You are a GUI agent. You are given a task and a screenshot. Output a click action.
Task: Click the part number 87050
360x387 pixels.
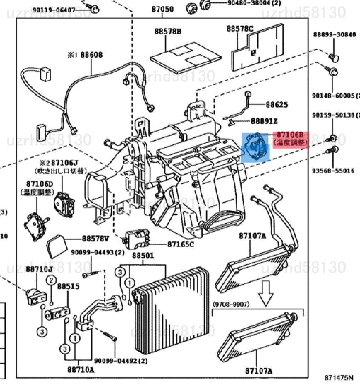163,9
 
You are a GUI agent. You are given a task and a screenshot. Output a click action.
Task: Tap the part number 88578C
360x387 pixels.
240,28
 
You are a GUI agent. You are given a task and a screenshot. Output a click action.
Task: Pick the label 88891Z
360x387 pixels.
264,121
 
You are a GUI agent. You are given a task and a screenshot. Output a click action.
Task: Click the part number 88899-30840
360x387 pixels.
335,35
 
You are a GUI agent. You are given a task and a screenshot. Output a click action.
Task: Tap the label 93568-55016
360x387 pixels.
333,171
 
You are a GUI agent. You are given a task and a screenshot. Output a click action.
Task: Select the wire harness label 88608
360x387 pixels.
91,55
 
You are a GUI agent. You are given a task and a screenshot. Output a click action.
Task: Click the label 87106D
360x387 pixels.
39,184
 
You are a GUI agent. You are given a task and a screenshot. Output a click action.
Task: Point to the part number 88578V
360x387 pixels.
95,239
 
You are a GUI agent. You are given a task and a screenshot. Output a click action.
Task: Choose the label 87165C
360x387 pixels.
180,244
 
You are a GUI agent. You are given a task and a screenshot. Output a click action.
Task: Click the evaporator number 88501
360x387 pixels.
143,255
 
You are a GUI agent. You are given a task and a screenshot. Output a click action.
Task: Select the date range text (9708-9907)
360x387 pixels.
231,304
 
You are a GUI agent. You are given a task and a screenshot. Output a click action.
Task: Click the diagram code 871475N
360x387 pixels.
338,378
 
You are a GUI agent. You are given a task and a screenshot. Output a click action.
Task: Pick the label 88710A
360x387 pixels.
81,370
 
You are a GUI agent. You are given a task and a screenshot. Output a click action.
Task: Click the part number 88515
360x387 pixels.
68,286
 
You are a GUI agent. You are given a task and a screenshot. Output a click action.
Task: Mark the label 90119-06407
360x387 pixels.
54,10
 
